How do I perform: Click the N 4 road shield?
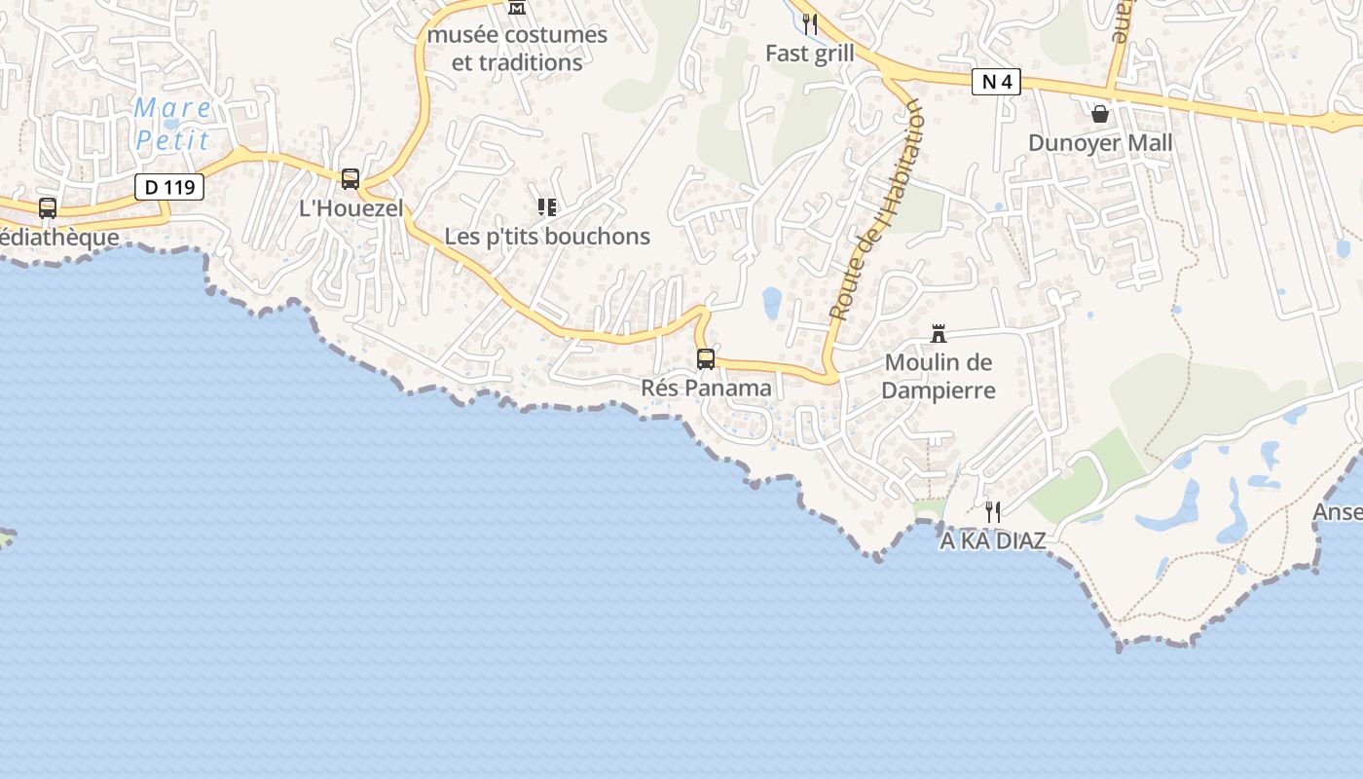point(996,82)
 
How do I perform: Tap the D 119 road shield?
point(168,187)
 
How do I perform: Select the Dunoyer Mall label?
point(1100,143)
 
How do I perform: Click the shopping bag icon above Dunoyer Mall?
point(1100,114)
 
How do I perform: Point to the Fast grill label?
point(809,54)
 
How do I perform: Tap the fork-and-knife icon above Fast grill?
point(809,23)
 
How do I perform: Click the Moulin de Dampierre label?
point(939,376)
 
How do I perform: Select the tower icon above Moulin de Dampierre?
point(939,334)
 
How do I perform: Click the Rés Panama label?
point(706,388)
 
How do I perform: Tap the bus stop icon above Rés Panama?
point(706,358)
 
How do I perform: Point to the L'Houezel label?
point(350,208)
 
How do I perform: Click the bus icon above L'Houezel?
point(350,179)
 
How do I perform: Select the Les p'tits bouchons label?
point(547,236)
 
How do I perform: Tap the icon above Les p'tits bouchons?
point(547,206)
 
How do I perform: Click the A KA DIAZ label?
point(992,540)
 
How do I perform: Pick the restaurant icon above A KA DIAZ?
point(992,511)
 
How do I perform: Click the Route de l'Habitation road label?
point(875,209)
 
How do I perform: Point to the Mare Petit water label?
point(172,124)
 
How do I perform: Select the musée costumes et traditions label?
point(517,49)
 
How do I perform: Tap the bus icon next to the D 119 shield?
point(47,207)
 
